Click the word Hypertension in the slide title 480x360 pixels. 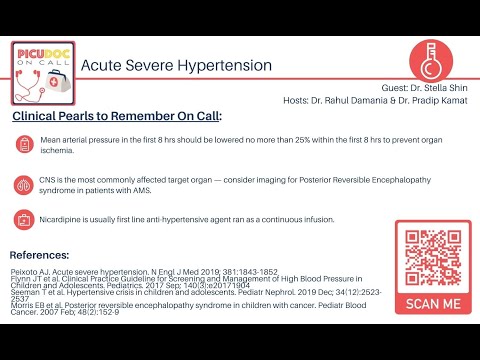tap(225, 65)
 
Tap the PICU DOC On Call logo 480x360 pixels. tap(42, 71)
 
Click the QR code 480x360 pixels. tap(432, 255)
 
